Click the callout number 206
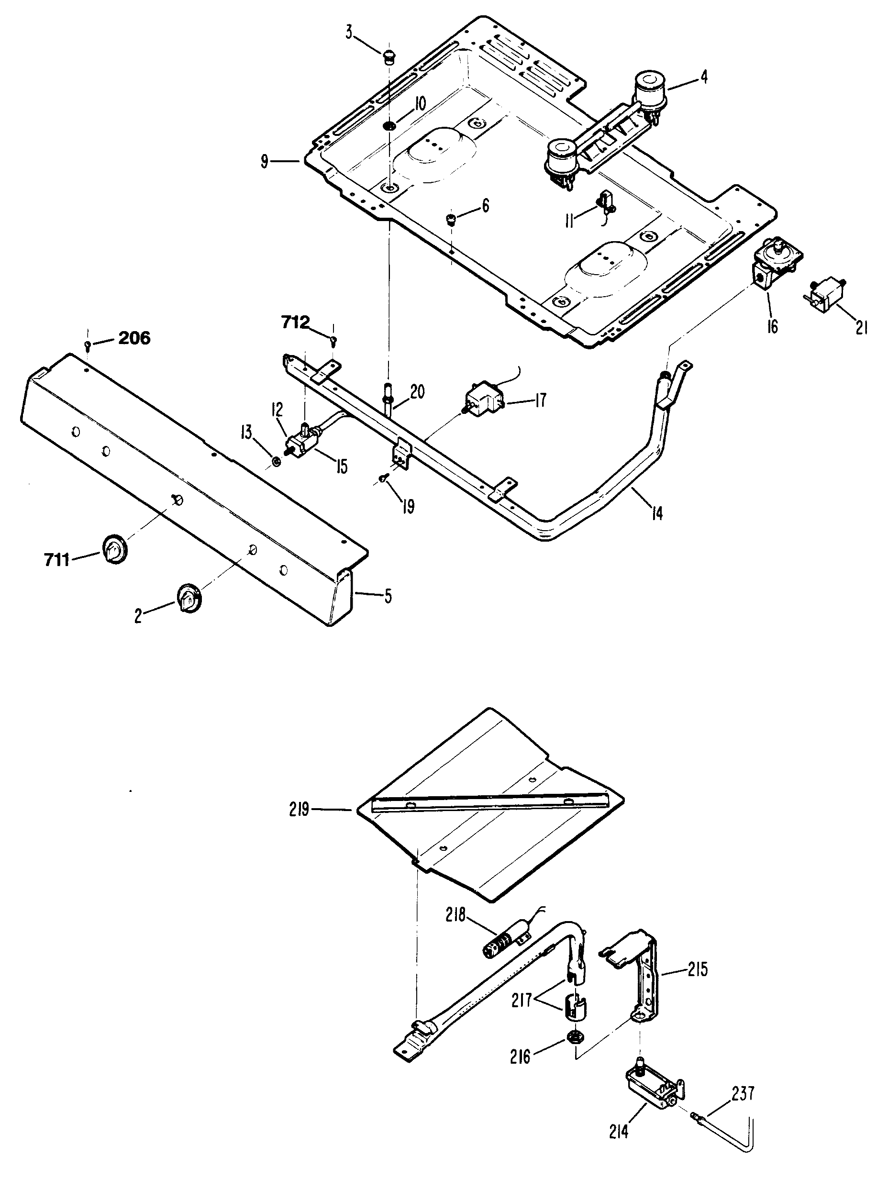(134, 338)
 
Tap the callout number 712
(295, 323)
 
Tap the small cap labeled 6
(451, 219)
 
